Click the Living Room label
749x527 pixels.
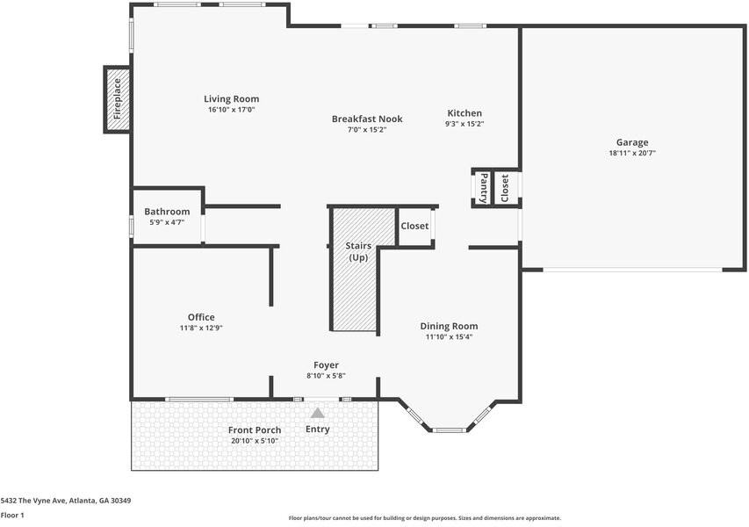pyautogui.click(x=232, y=99)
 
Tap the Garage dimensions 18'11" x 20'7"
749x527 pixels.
pyautogui.click(x=632, y=154)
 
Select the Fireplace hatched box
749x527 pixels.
pyautogui.click(x=118, y=99)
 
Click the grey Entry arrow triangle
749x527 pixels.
pyautogui.click(x=318, y=413)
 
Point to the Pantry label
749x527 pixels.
pyautogui.click(x=484, y=188)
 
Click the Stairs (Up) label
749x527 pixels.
pyautogui.click(x=358, y=251)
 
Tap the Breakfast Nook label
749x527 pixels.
pyautogui.click(x=367, y=119)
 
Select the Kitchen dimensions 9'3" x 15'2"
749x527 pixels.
pyautogui.click(x=465, y=124)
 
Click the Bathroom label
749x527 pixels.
pyautogui.click(x=167, y=211)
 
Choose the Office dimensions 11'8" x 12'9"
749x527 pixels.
pyautogui.click(x=201, y=328)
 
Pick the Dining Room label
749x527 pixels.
pyautogui.click(x=449, y=327)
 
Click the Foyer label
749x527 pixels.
pyautogui.click(x=327, y=365)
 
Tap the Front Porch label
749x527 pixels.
pyautogui.click(x=255, y=430)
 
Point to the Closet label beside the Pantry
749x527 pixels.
pyautogui.click(x=505, y=188)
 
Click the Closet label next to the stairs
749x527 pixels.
pyautogui.click(x=414, y=226)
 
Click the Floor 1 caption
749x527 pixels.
pyautogui.click(x=12, y=515)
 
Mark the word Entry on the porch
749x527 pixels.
pyautogui.click(x=318, y=429)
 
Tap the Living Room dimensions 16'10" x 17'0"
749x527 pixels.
pyautogui.click(x=232, y=110)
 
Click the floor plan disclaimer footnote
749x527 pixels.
pyautogui.click(x=425, y=518)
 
